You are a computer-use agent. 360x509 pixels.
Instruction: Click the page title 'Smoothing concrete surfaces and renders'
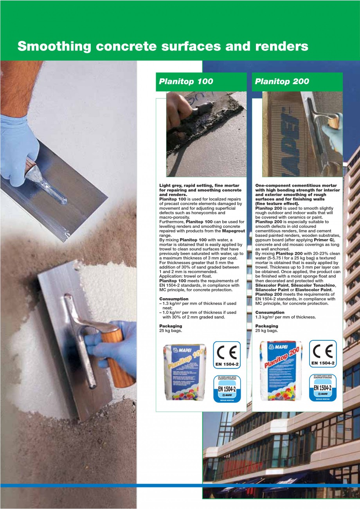(163, 47)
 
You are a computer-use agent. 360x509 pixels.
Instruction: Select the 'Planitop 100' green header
(186, 81)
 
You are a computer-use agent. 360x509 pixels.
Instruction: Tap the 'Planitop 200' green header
(282, 81)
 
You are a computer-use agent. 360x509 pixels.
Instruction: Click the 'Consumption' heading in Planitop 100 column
(174, 299)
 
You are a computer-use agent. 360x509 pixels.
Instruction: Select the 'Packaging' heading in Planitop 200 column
(267, 326)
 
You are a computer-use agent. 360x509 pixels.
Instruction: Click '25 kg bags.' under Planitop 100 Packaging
(171, 331)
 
